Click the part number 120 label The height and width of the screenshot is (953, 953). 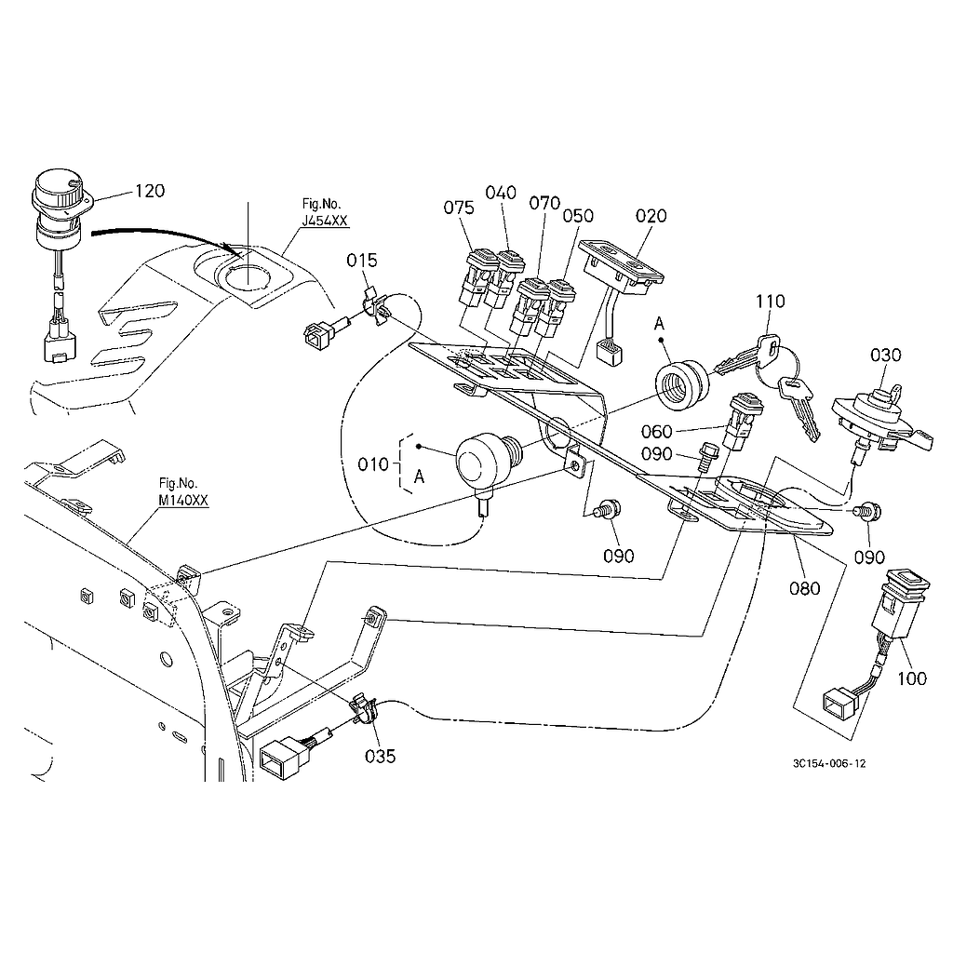[150, 191]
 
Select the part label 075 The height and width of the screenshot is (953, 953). [459, 208]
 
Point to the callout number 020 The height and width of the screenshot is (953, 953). [651, 216]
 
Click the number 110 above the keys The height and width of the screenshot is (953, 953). [771, 302]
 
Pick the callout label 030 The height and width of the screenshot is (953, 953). [886, 355]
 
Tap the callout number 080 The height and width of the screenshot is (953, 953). [805, 587]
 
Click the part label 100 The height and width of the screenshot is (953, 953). [912, 678]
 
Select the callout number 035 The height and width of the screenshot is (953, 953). [381, 756]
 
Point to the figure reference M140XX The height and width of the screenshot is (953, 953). [183, 499]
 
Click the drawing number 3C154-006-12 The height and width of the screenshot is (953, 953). [829, 763]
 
